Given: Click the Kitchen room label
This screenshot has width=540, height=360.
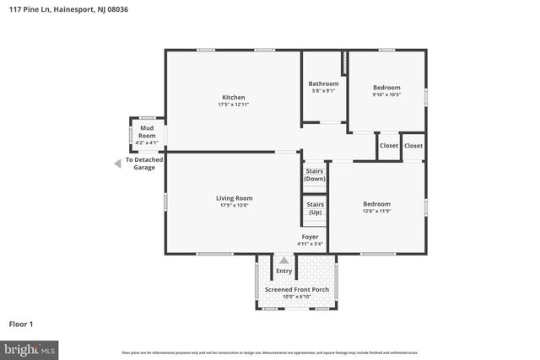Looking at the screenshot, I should point(234,97).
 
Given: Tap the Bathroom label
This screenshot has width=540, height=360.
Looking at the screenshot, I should point(323,83).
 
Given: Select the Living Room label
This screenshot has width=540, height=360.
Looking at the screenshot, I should point(234,197).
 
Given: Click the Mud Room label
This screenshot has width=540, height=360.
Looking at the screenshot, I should point(147,132).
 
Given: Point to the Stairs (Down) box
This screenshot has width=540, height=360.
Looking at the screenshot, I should point(315,175).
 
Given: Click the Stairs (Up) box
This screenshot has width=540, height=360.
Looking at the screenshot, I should point(315,207).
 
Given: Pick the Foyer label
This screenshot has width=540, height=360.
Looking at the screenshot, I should point(310,237).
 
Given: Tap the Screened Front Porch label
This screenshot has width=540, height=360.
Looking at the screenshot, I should point(297,289).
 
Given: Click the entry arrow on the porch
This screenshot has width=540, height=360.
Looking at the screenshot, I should point(283,261).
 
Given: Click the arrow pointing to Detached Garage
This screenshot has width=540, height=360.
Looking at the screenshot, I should point(117,164).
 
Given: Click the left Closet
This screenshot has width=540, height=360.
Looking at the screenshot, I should point(388,146).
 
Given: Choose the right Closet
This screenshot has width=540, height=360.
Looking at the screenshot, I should point(413,146).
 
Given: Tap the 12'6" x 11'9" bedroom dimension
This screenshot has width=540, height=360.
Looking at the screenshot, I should point(376,211).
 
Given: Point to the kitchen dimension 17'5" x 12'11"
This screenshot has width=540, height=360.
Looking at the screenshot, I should point(234,105).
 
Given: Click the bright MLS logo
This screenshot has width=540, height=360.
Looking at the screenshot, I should point(30,348).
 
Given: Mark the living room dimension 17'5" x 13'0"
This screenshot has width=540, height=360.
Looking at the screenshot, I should point(234,205).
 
